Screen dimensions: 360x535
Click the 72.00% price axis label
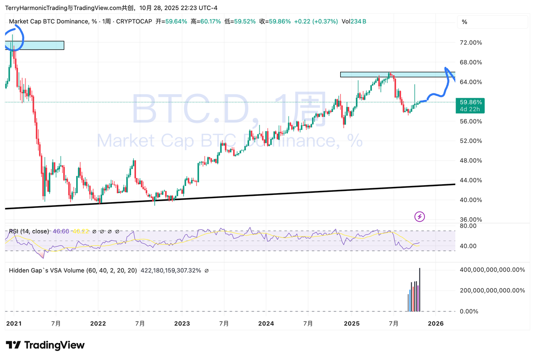coord(471,43)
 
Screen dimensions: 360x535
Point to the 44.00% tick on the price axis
coord(471,180)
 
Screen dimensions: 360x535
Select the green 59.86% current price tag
coord(470,102)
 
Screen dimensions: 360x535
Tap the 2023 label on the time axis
coord(182,323)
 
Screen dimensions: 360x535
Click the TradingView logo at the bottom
coord(45,345)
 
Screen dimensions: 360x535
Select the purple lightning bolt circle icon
coord(420,217)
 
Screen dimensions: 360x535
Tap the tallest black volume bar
coord(420,290)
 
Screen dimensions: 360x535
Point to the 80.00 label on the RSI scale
coord(469,226)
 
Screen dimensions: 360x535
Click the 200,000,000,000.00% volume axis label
coord(492,290)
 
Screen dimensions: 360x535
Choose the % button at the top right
coord(465,22)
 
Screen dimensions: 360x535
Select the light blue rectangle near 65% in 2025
coord(397,74)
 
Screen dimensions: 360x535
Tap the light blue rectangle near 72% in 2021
coord(35,45)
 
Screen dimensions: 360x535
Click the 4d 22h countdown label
coord(470,109)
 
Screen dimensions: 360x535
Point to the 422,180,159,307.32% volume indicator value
coord(171,270)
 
